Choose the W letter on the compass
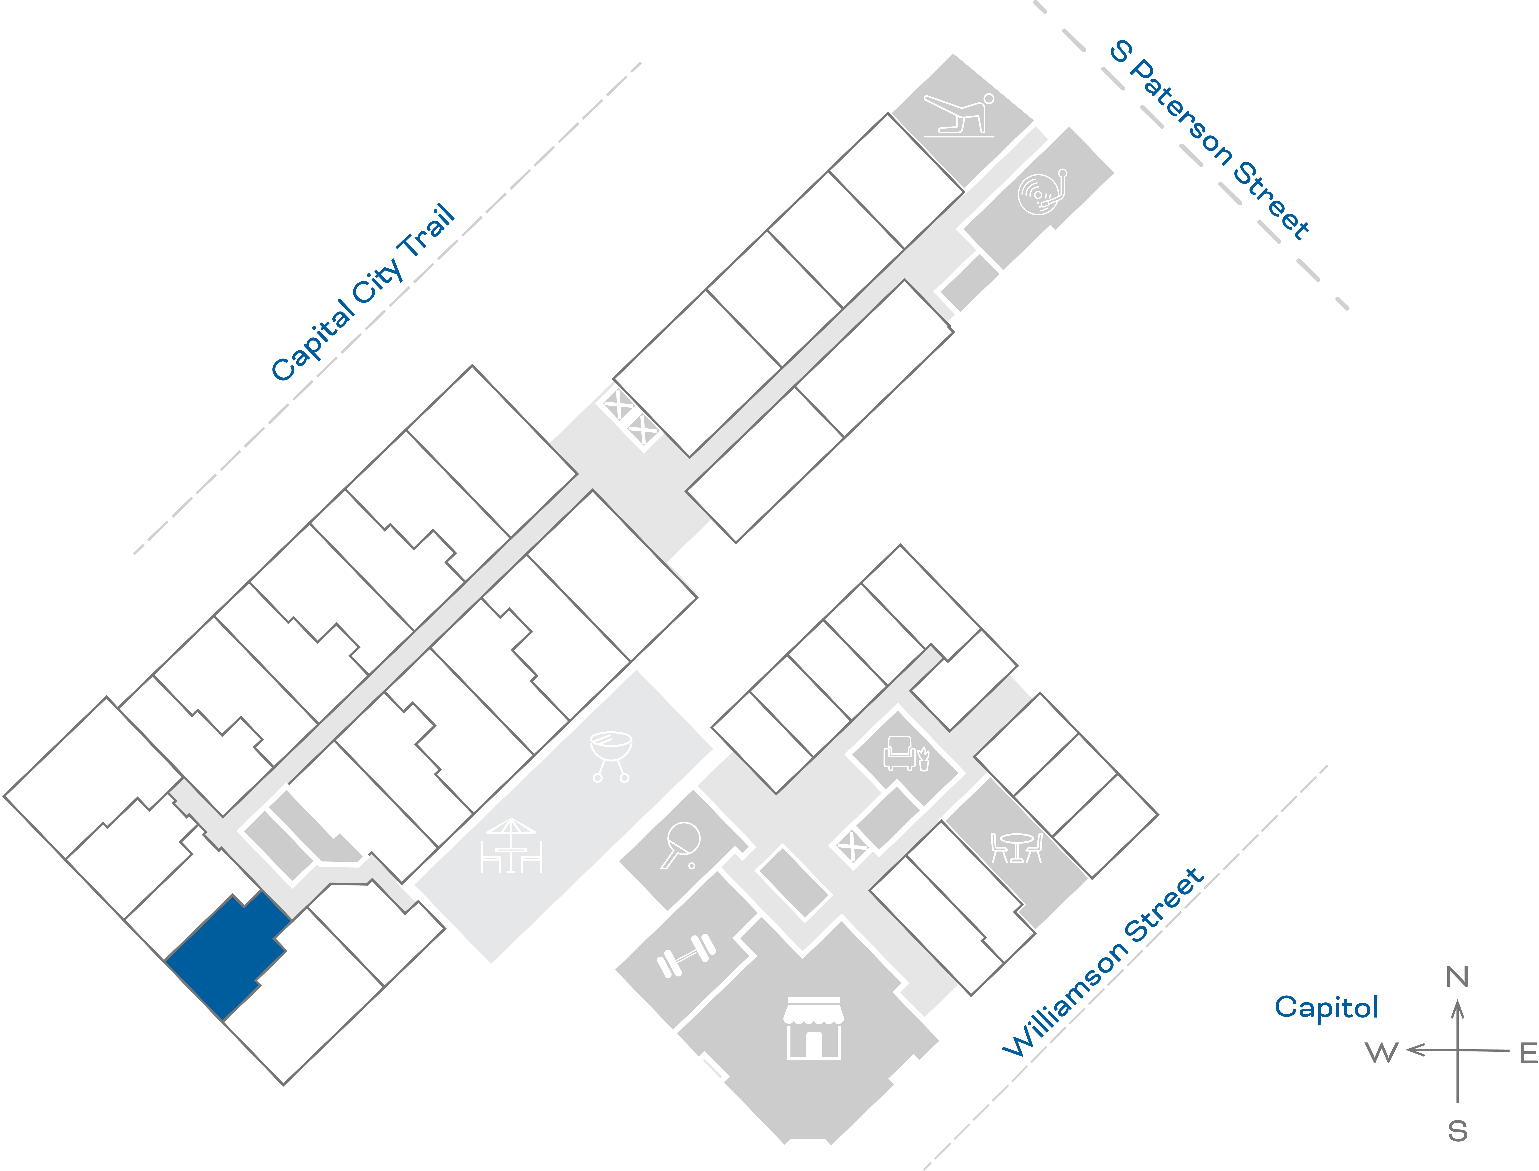(1382, 1052)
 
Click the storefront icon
(813, 1028)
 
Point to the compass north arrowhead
(1457, 1009)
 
